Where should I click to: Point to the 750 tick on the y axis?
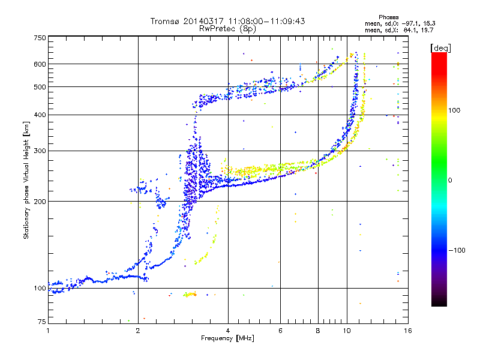[x=40, y=37]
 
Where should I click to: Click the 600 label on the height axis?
[x=40, y=64]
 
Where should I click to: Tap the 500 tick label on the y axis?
[x=40, y=87]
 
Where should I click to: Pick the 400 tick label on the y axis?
[x=40, y=115]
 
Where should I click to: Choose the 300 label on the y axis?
[x=40, y=151]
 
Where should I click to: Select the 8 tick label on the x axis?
[x=318, y=331]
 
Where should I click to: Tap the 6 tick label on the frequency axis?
[x=281, y=331]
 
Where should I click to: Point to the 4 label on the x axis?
[x=228, y=331]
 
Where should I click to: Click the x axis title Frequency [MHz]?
[x=227, y=339]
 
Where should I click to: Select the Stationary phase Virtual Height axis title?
[x=26, y=180]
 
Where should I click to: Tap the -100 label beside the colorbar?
[x=457, y=250]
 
